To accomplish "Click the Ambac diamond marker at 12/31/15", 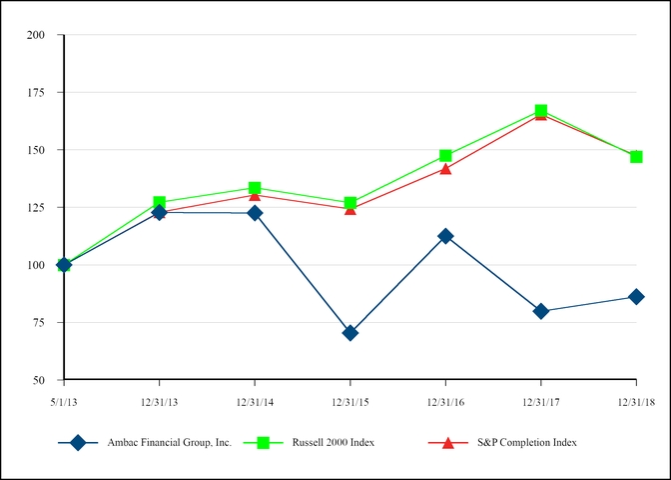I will pyautogui.click(x=349, y=333).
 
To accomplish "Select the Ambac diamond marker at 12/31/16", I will pyautogui.click(x=445, y=236).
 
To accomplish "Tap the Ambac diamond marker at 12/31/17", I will pyautogui.click(x=541, y=311).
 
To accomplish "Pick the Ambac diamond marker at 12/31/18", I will pyautogui.click(x=636, y=297).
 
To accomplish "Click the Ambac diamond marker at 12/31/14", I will pyautogui.click(x=255, y=213).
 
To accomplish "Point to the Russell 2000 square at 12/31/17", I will pyautogui.click(x=541, y=111).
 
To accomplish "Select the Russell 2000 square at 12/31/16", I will pyautogui.click(x=445, y=156).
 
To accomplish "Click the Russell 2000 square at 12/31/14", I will pyautogui.click(x=255, y=188).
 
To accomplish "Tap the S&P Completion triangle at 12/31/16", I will pyautogui.click(x=445, y=168).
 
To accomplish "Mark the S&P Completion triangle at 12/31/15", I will pyautogui.click(x=349, y=209).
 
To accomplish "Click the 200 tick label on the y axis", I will pyautogui.click(x=37, y=35).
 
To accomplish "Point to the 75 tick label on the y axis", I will pyautogui.click(x=40, y=323).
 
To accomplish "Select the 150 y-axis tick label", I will pyautogui.click(x=37, y=150).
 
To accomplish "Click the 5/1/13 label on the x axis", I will pyautogui.click(x=64, y=401).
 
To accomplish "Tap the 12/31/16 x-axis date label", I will pyautogui.click(x=445, y=401).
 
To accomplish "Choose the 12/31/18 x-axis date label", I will pyautogui.click(x=636, y=401).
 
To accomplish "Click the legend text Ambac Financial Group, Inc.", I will pyautogui.click(x=169, y=442).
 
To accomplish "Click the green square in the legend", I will pyautogui.click(x=266, y=442).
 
